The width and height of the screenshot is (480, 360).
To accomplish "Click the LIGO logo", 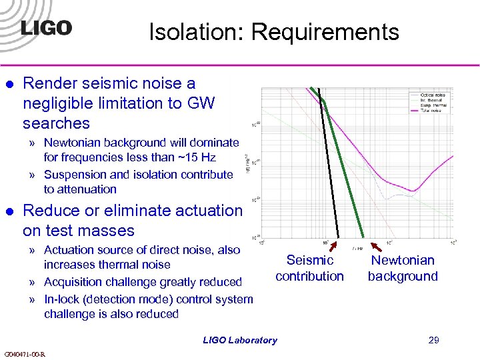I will tap(46, 28).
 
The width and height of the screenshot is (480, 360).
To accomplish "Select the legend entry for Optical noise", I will tap(433, 95).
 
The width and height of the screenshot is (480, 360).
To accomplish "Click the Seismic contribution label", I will tap(309, 268).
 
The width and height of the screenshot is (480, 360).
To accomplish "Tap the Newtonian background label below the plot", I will tap(403, 268).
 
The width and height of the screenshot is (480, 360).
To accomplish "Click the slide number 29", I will tap(433, 340).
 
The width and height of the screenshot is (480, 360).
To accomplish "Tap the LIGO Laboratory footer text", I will tap(240, 340).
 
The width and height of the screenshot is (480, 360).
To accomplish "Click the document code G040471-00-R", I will tap(24, 354).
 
